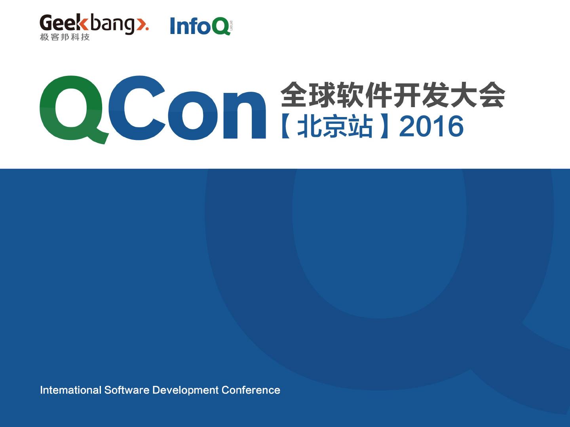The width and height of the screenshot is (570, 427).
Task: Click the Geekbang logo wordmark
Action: (94, 24)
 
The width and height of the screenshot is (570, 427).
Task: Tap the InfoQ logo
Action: (201, 26)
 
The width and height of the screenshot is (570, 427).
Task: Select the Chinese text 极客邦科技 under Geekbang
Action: (65, 37)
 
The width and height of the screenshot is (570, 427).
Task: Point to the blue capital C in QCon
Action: (137, 108)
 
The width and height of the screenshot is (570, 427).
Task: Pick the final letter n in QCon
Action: (245, 115)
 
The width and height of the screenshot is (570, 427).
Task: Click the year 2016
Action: (431, 126)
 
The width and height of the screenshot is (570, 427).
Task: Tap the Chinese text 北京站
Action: (335, 126)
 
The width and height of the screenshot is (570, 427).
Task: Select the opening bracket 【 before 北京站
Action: (286, 126)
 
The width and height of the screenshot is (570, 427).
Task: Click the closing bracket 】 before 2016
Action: (384, 126)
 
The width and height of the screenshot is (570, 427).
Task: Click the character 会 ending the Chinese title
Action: (492, 94)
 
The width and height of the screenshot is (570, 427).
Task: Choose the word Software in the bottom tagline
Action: (127, 390)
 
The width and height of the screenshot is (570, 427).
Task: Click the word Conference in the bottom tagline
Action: (251, 390)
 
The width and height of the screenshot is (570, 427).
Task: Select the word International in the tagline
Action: (70, 390)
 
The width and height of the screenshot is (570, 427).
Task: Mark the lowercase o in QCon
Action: (192, 115)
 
